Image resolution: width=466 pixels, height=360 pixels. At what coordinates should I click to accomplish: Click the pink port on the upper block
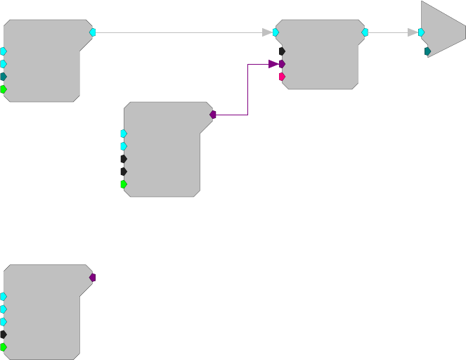[282, 77]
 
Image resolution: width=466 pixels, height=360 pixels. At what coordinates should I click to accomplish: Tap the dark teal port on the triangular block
[427, 51]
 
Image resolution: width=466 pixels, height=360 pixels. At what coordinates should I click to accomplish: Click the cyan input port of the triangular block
[421, 32]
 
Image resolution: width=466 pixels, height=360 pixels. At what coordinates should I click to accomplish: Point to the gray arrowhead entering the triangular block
[413, 32]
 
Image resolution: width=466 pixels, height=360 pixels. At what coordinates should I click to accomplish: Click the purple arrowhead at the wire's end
[273, 64]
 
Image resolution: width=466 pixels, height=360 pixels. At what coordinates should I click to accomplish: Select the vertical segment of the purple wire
[247, 89]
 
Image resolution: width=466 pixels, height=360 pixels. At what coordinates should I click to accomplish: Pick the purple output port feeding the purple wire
[212, 114]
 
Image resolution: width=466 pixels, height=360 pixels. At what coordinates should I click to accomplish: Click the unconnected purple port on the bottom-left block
[92, 278]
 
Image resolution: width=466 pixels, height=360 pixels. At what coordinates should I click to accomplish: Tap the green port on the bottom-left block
[4, 347]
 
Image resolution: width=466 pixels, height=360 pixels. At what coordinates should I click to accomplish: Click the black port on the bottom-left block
[4, 335]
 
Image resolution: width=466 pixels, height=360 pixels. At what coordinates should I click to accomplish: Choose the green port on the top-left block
[4, 89]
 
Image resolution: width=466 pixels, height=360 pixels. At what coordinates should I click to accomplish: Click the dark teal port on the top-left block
[4, 77]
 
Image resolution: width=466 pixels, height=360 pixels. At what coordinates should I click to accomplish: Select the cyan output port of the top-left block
[92, 32]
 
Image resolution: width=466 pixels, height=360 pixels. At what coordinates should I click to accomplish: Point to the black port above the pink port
[282, 51]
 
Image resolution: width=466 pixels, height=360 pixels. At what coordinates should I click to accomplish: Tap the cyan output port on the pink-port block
[365, 32]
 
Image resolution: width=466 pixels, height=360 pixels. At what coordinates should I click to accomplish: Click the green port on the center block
[124, 184]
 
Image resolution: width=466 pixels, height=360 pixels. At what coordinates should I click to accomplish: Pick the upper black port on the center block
[124, 159]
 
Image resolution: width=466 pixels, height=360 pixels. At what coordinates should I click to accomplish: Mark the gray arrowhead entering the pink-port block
[267, 32]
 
